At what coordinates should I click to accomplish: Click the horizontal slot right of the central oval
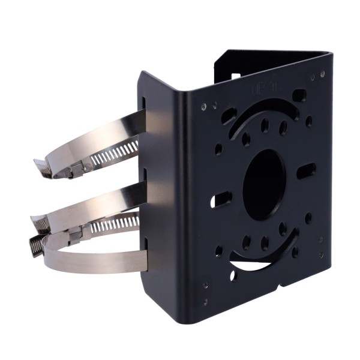(307, 170)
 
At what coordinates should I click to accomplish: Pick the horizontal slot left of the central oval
(220, 199)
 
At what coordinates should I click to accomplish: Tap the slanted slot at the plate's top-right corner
(299, 95)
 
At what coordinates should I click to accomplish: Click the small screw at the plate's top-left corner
(205, 106)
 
